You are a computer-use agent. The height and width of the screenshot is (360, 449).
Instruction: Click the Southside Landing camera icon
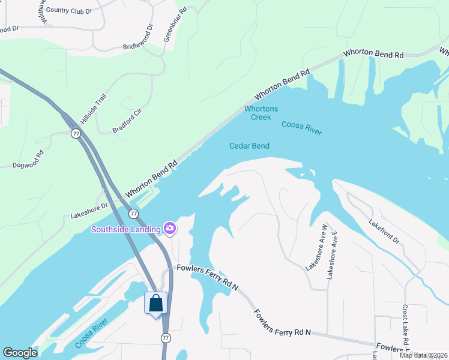(170, 228)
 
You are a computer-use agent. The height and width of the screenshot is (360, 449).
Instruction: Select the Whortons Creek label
(261, 113)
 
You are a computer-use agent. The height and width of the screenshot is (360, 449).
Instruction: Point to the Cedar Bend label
(249, 146)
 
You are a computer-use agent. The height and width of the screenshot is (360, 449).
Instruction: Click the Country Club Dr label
(69, 11)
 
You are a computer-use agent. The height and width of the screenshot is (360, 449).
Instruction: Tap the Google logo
(20, 352)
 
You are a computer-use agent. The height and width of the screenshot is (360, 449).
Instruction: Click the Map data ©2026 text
(423, 355)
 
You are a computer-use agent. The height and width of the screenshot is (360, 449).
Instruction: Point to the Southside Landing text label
(125, 229)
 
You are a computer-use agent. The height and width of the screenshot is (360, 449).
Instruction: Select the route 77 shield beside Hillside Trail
(75, 133)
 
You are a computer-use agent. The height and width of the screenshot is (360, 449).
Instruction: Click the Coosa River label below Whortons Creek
(301, 128)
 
